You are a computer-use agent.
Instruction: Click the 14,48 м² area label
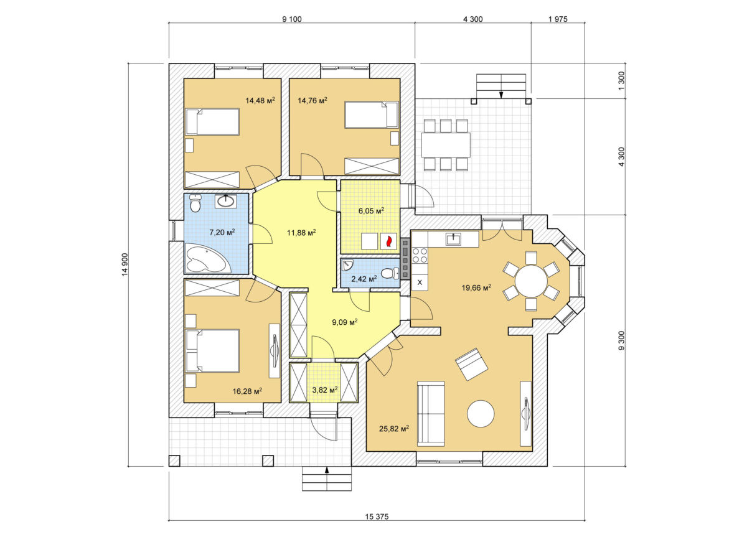click(x=260, y=100)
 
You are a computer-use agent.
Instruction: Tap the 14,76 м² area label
click(x=312, y=100)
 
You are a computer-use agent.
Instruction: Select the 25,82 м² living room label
click(x=394, y=428)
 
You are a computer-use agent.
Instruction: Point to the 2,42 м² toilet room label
click(x=364, y=279)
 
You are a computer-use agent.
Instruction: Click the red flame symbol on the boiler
click(x=388, y=241)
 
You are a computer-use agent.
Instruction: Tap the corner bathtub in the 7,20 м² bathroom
click(x=207, y=259)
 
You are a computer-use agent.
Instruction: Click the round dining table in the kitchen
click(x=531, y=281)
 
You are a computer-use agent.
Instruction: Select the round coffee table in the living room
click(x=481, y=414)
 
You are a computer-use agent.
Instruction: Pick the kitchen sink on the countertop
click(x=454, y=239)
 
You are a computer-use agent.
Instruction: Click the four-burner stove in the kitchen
click(x=420, y=255)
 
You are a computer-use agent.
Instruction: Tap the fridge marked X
click(x=420, y=282)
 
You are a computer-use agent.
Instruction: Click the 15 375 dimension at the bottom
click(x=377, y=516)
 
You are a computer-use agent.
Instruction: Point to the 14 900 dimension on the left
click(x=125, y=264)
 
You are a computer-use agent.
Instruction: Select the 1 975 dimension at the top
click(x=558, y=19)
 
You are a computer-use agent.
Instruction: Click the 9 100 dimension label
click(x=292, y=19)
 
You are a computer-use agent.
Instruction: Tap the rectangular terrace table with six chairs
click(x=446, y=145)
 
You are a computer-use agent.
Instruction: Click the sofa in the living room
click(x=431, y=414)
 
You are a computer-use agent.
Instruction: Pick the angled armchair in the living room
click(x=472, y=364)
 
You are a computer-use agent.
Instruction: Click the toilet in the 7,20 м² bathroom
click(x=195, y=203)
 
